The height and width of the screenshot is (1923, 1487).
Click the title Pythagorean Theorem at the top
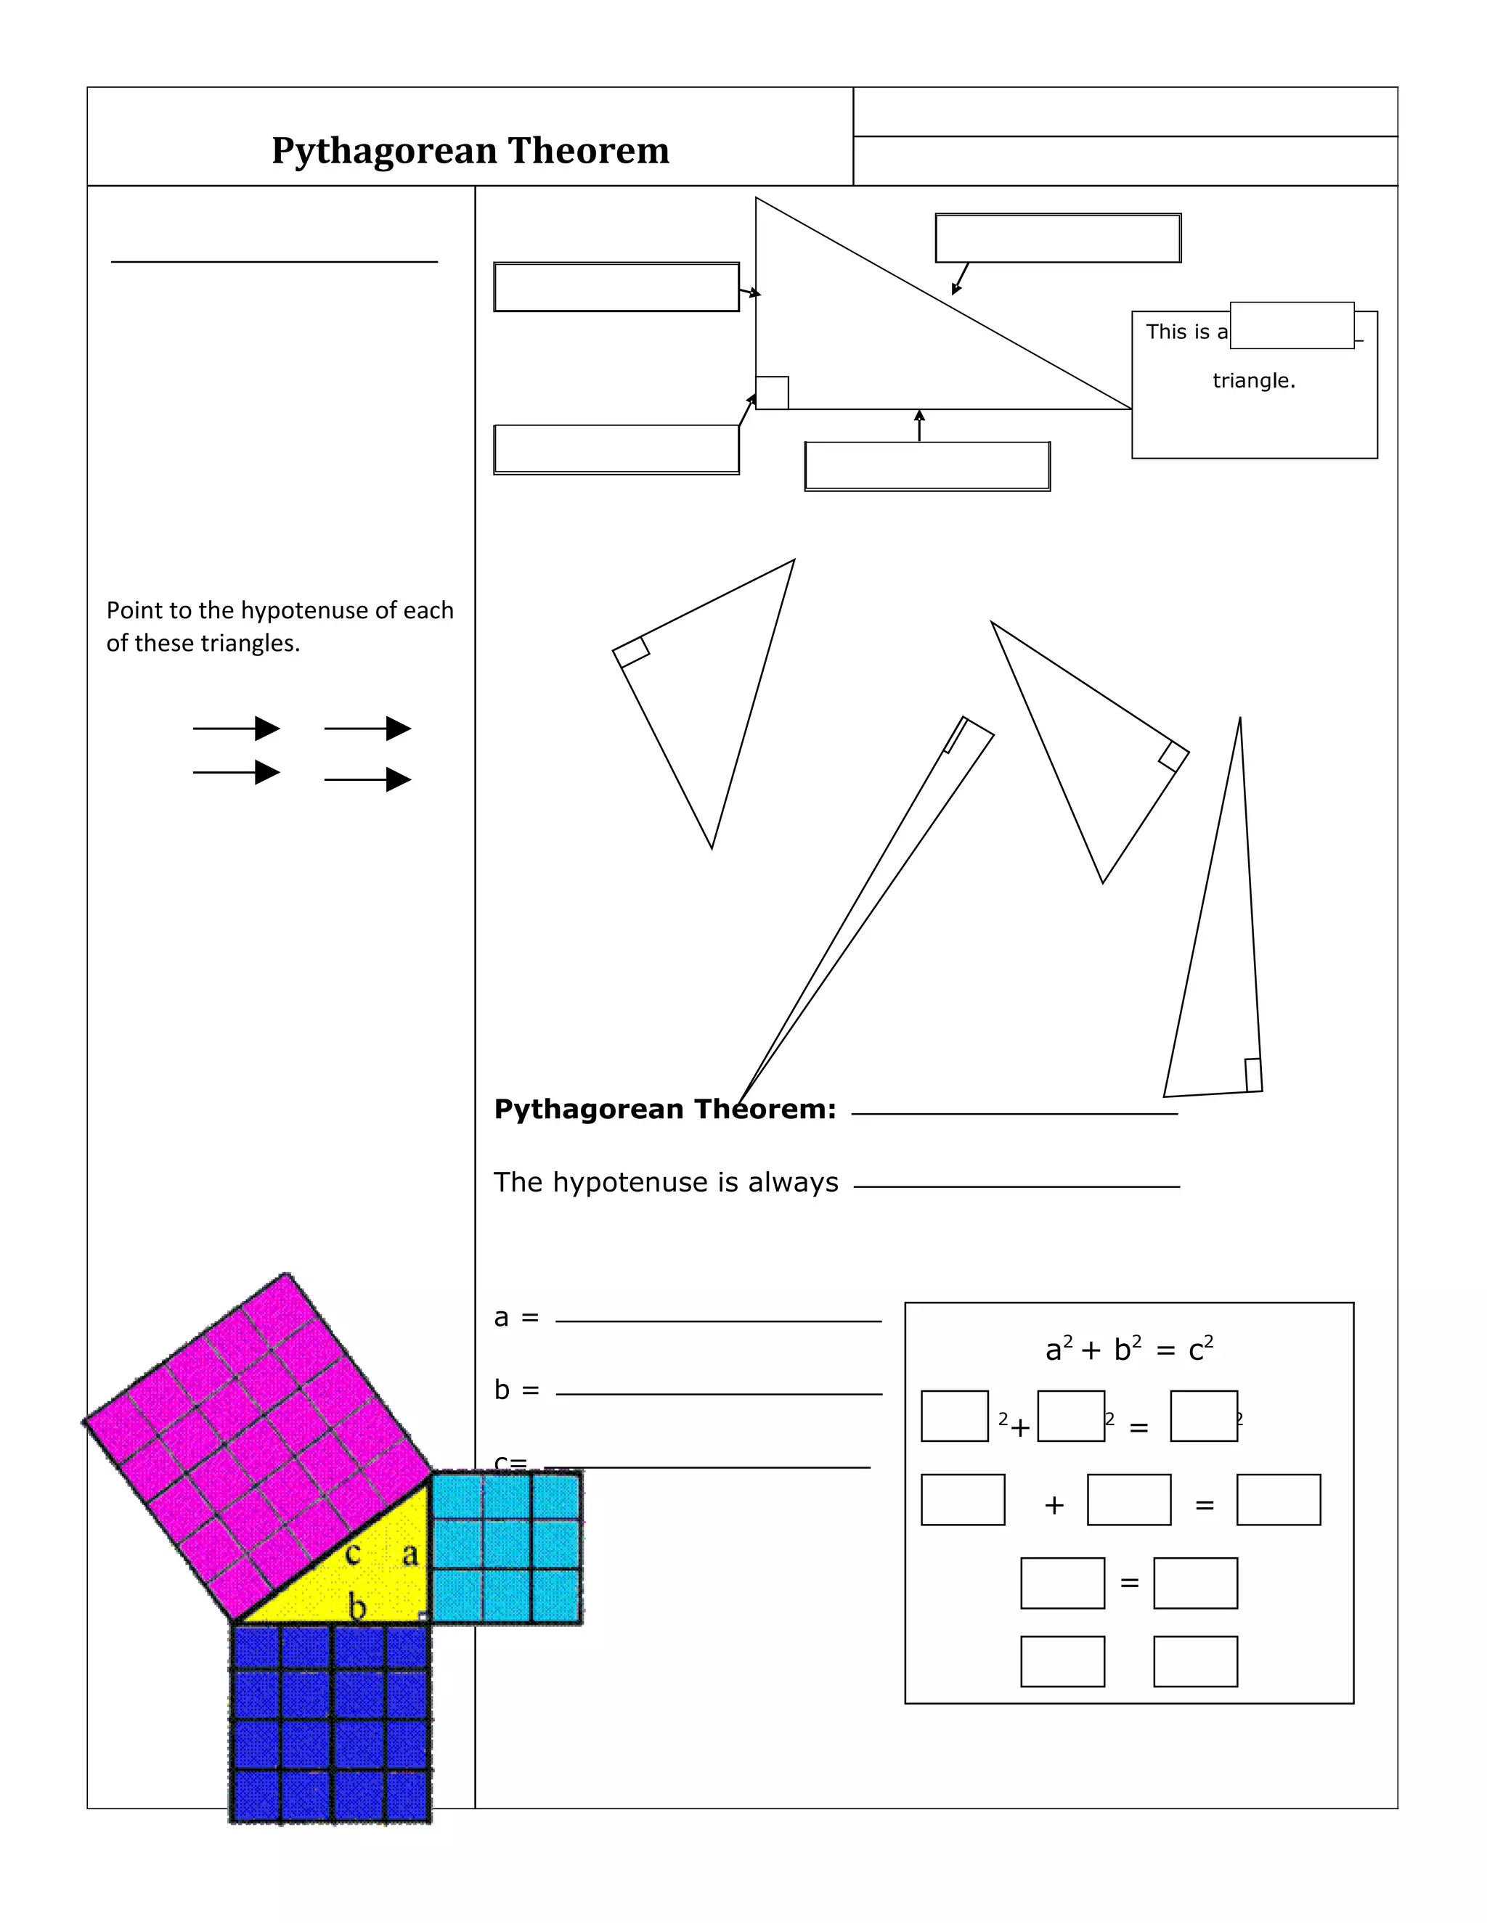point(470,150)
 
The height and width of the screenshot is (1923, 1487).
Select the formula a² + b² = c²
point(1128,1349)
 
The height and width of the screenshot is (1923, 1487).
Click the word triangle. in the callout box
point(1252,380)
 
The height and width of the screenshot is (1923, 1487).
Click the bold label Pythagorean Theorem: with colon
point(665,1109)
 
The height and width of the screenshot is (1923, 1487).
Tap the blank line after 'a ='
point(718,1321)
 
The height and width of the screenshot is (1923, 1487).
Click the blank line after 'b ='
point(718,1394)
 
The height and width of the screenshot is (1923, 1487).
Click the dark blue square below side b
point(330,1721)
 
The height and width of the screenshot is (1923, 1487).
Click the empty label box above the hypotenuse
point(1057,238)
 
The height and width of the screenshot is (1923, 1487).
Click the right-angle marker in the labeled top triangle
point(773,393)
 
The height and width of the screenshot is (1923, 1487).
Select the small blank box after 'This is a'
point(1292,326)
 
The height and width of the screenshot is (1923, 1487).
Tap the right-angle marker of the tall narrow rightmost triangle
point(1252,1075)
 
